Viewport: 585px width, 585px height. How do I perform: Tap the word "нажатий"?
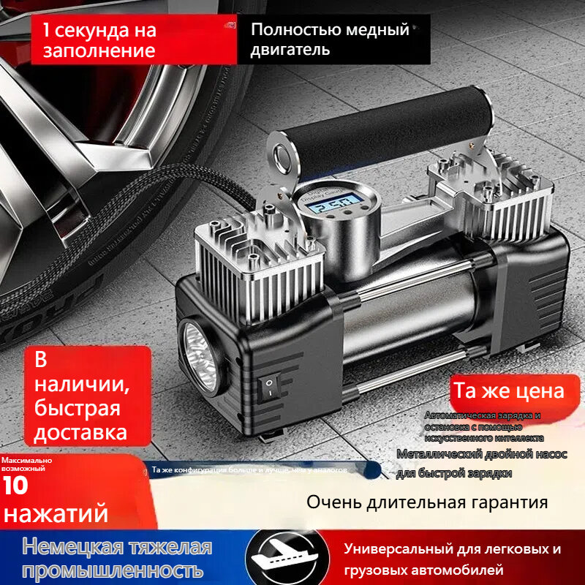point(55,512)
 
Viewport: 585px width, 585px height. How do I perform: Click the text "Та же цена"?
point(509,390)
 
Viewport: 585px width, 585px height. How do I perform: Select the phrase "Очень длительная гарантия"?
point(427,502)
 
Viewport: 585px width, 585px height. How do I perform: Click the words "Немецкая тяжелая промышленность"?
point(117,558)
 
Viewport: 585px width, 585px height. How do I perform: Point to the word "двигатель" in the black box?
point(290,50)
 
